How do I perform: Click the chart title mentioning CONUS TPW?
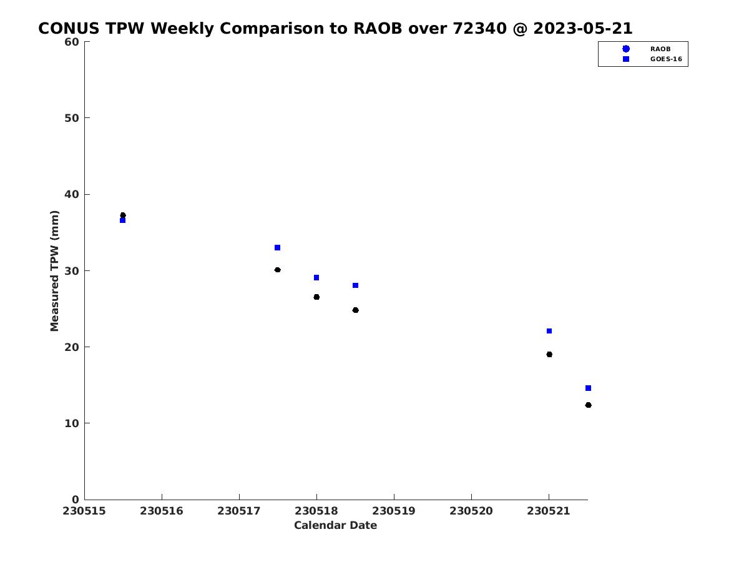click(335, 28)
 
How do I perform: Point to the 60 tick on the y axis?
click(72, 42)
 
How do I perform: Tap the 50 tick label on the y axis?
click(72, 118)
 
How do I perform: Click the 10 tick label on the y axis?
click(72, 423)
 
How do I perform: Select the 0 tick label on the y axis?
click(76, 500)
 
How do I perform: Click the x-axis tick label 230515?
click(84, 511)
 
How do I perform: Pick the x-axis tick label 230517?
click(239, 511)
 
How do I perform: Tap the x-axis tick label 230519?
click(394, 511)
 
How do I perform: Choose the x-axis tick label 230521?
click(549, 511)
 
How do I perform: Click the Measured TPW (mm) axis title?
click(54, 271)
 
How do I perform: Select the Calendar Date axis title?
click(335, 526)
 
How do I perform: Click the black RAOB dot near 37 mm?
click(123, 215)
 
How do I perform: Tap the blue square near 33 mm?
click(277, 248)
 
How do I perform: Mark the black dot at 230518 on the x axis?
click(316, 297)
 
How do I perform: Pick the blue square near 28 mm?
click(355, 285)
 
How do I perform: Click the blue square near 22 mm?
click(549, 332)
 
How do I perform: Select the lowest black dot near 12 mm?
click(589, 405)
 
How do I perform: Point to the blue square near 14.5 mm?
click(589, 388)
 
